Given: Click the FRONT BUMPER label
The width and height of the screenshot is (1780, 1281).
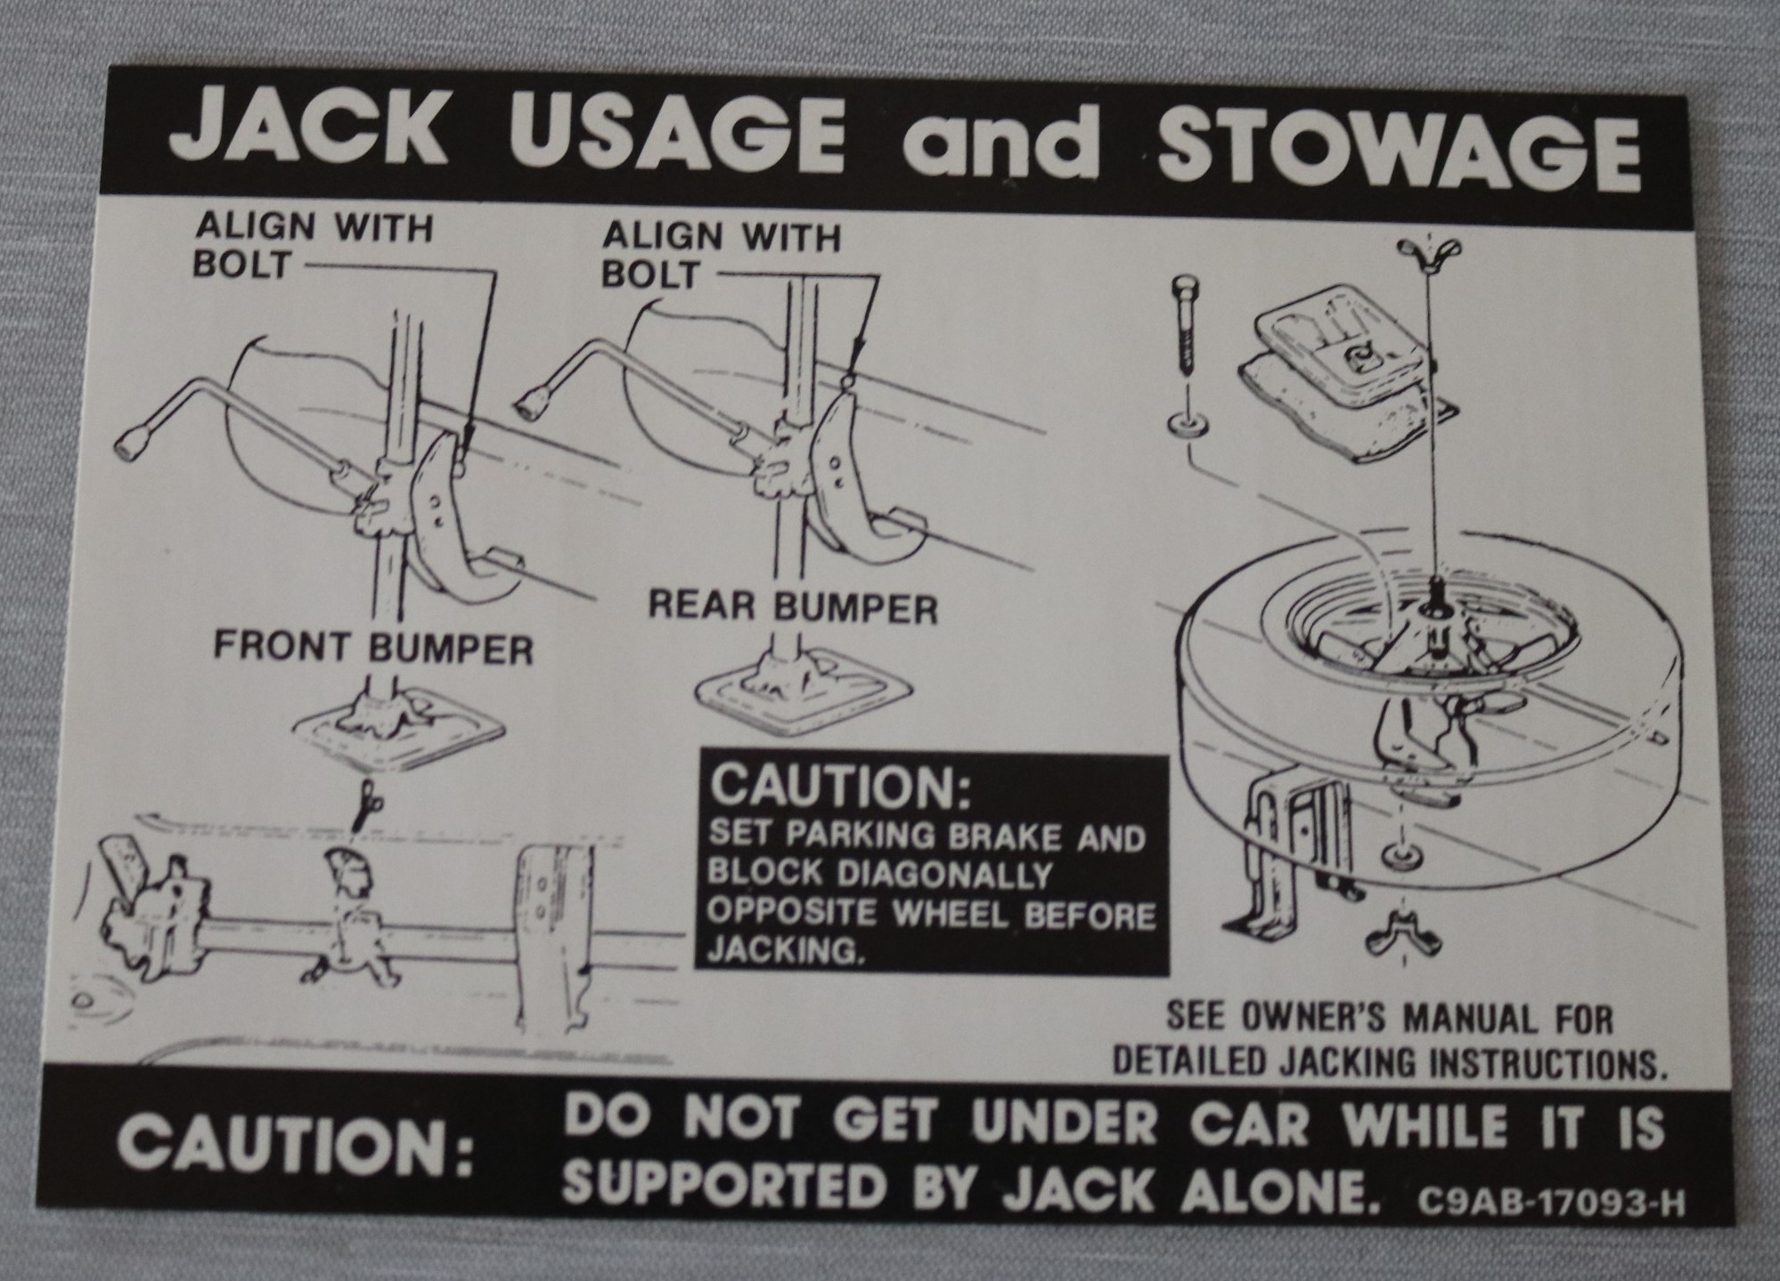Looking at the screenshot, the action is point(373,649).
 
